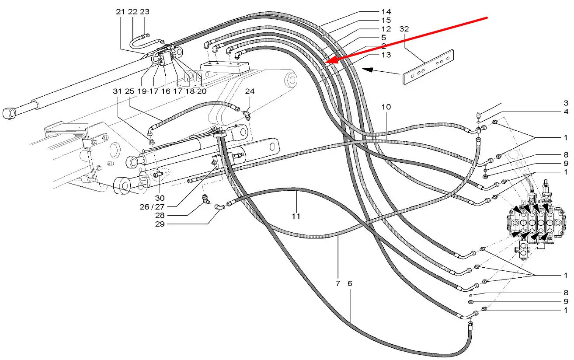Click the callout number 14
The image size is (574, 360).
pos(386,11)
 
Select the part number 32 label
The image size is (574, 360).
pos(404,29)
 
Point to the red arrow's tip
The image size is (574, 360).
pos(326,63)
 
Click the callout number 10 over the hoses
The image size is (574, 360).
pos(386,107)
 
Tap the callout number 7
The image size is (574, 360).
pos(338,283)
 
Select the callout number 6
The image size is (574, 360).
pos(350,283)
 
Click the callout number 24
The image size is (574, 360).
pos(249,92)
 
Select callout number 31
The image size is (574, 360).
pos(117,92)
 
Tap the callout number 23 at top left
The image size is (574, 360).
pos(145,12)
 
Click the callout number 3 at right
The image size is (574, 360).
pos(566,103)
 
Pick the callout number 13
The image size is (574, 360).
pos(386,55)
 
